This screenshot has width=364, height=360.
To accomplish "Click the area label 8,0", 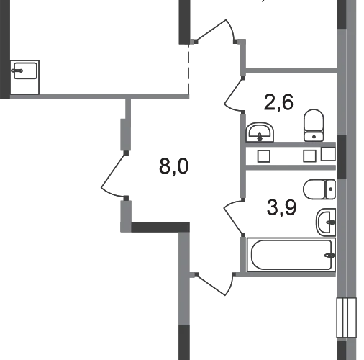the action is [174, 166].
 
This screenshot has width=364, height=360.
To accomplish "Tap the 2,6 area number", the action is [278, 102].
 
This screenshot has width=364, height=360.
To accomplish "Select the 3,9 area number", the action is [281, 207].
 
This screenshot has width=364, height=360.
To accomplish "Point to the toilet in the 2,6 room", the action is [314, 125].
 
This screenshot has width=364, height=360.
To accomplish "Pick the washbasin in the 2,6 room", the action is [260, 132].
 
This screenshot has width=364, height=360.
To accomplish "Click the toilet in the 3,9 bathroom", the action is [319, 189].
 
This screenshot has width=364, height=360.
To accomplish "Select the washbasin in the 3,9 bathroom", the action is [326, 222].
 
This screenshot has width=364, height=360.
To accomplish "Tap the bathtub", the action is [291, 255].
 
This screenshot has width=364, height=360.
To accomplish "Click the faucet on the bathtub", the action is [330, 255].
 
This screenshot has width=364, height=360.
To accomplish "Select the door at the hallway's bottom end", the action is [214, 285].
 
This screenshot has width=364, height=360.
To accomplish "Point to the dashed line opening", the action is [188, 69].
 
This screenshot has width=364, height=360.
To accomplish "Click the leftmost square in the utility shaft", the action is [264, 156].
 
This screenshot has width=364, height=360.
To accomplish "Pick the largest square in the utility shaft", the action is [328, 154].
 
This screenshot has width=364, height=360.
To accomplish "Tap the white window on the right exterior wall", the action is [346, 318].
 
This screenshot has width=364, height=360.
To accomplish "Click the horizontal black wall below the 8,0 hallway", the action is [160, 227].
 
